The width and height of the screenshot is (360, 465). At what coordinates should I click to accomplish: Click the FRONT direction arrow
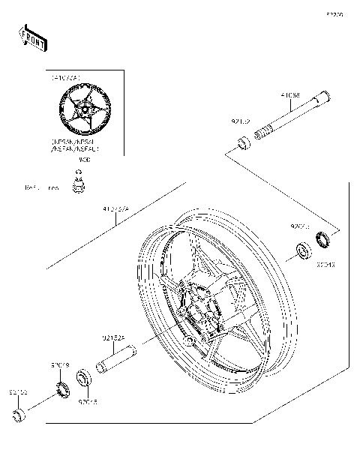tap(33, 38)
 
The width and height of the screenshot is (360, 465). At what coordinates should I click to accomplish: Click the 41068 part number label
tap(290, 95)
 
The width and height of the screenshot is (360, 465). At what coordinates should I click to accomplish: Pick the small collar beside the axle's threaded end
tap(242, 142)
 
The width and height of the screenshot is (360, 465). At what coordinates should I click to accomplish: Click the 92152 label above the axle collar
tap(241, 119)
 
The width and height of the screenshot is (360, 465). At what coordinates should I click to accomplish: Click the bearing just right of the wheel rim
tap(304, 250)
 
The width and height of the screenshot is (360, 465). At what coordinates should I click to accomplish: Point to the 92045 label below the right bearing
tap(325, 265)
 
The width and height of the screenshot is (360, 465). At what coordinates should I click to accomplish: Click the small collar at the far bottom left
tap(19, 415)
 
